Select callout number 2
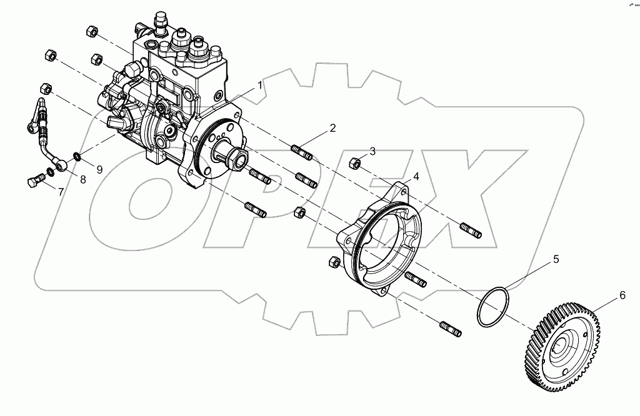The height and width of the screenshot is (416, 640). (x=332, y=128)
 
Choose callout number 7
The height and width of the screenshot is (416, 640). (x=61, y=192)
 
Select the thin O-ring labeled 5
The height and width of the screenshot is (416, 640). (x=494, y=307)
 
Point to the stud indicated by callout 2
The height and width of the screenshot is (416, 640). (x=303, y=152)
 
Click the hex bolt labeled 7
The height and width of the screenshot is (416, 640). (x=34, y=182)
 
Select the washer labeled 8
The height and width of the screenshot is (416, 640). (x=50, y=171)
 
